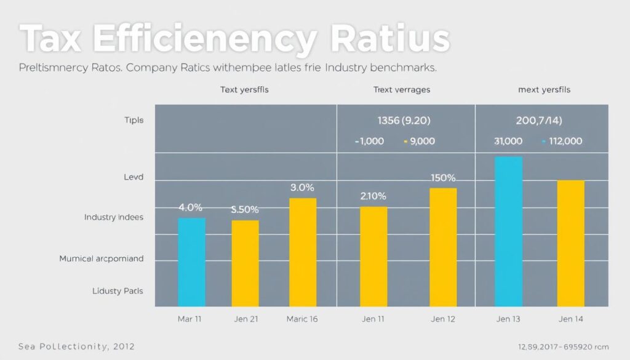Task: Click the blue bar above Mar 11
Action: [191, 262]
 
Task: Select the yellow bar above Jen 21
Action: [245, 263]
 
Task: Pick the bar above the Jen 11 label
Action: [373, 257]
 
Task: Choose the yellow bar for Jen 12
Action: [443, 247]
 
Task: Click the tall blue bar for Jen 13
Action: [509, 231]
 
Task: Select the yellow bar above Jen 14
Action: [570, 243]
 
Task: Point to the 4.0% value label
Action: [190, 207]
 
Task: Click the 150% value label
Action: [443, 178]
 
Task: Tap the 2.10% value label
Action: [373, 196]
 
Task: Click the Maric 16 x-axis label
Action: [302, 319]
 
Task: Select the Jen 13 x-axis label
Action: [508, 319]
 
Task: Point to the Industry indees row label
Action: [114, 217]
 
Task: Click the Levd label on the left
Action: [134, 177]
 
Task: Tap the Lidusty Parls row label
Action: [118, 290]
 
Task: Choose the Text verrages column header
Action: [402, 90]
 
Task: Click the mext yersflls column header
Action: [544, 90]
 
